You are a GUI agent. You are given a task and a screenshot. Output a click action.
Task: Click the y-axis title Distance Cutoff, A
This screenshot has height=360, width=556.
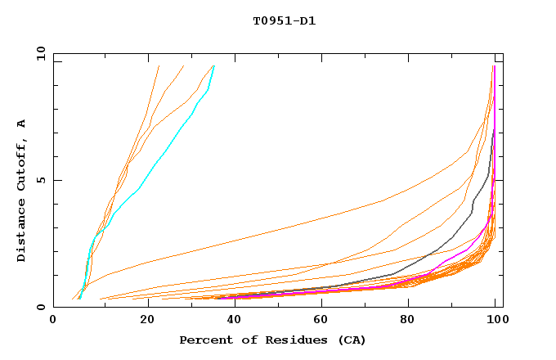21,191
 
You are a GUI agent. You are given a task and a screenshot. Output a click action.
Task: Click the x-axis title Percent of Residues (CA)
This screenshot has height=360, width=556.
272,340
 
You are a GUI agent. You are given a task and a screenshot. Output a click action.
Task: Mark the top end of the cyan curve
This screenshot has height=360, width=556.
213,66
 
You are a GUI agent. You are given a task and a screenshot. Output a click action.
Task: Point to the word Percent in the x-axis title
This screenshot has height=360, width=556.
204,340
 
